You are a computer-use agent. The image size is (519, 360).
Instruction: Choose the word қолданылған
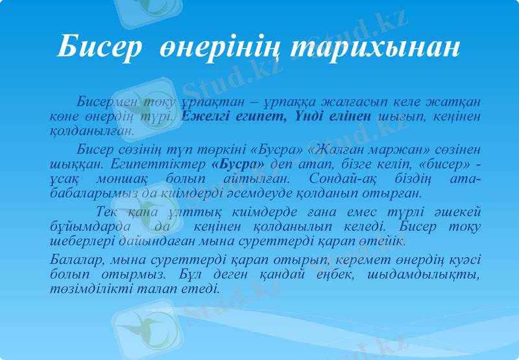pos(91,130)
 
